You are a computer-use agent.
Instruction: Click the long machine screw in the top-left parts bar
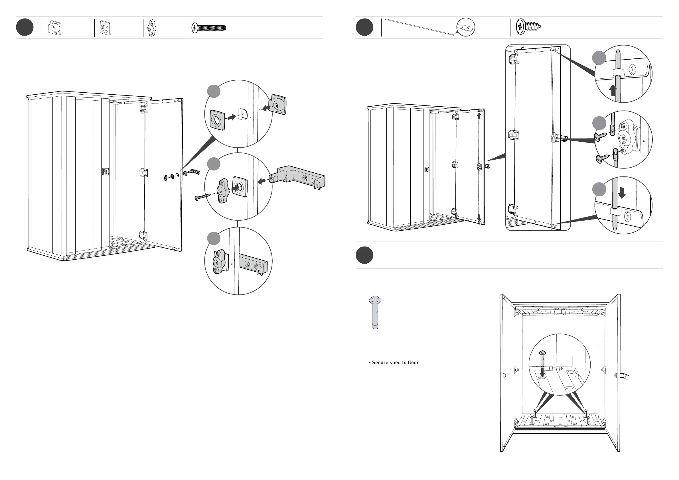209,28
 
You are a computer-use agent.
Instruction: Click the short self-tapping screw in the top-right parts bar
528,27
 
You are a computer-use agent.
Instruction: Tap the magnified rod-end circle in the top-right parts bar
466,27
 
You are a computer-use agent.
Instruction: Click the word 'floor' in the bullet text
413,363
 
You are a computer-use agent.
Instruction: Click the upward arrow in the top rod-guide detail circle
613,90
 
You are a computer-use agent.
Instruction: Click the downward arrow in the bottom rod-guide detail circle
622,193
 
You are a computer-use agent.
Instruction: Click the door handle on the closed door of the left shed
105,171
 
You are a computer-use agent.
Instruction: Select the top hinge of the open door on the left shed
143,108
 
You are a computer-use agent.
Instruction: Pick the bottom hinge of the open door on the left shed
143,235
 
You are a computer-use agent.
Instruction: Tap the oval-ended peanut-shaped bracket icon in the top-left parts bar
152,28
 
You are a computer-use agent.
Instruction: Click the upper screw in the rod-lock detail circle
600,136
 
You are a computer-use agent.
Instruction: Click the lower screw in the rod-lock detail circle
602,159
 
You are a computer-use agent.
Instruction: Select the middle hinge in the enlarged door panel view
513,135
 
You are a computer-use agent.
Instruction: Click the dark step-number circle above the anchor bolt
364,255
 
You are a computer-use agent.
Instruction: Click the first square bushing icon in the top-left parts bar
55,28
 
